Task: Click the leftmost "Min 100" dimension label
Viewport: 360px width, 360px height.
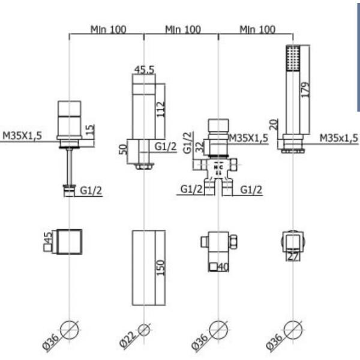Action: (108, 29)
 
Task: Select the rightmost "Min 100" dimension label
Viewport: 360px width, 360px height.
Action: (257, 29)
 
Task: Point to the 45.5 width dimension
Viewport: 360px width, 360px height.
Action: (143, 70)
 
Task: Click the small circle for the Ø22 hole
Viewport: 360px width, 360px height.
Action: (144, 330)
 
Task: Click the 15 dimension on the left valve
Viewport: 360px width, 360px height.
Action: (90, 128)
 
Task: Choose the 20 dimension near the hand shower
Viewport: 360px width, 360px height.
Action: (274, 125)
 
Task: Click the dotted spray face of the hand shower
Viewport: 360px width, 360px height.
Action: (292, 59)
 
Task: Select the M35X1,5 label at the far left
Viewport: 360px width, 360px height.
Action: (22, 136)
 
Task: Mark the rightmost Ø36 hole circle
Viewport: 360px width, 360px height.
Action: (292, 331)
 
